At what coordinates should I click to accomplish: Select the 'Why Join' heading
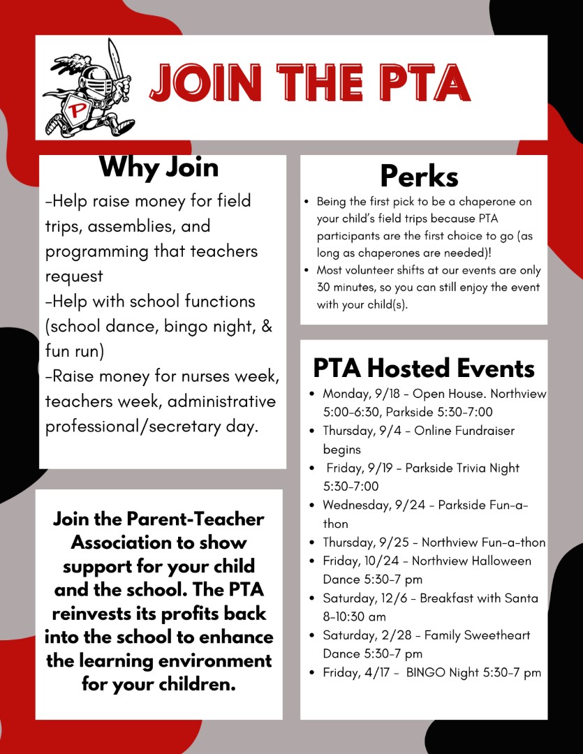coord(158,168)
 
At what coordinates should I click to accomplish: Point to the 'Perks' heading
coord(419,176)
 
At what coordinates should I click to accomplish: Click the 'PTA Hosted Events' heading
coord(423,368)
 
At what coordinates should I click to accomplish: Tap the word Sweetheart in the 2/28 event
coord(495,635)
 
